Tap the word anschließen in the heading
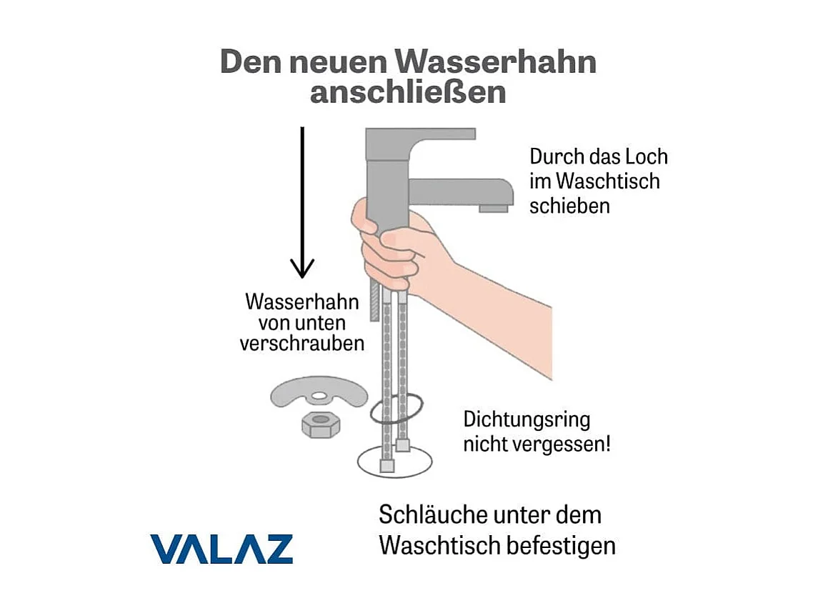click(408, 94)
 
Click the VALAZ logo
click(221, 549)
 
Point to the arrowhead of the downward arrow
click(302, 268)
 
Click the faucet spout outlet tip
click(494, 207)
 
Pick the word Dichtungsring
click(527, 419)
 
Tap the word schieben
click(569, 206)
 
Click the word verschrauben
click(301, 344)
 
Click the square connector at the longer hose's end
click(387, 466)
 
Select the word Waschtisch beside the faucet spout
click(607, 181)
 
